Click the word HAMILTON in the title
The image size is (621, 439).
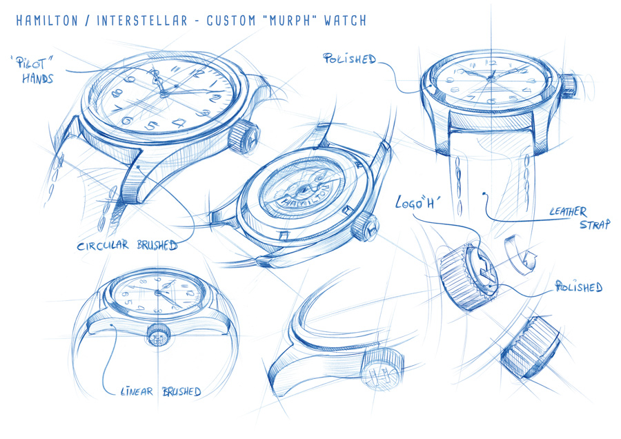[46, 20]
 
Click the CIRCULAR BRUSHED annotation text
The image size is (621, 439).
[127, 245]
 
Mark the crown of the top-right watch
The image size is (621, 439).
[568, 85]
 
